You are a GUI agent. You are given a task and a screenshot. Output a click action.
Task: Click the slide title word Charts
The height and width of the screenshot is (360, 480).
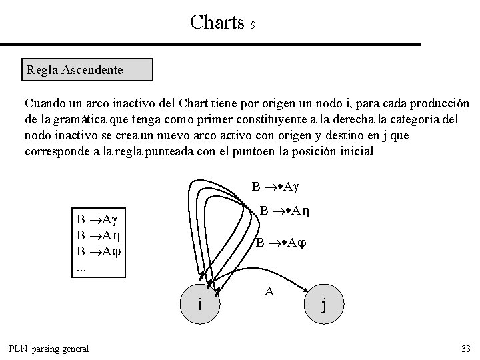click(217, 22)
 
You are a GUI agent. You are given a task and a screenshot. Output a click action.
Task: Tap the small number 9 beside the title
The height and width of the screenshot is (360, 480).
click(253, 26)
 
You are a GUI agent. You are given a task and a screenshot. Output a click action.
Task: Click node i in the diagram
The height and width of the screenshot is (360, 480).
click(200, 303)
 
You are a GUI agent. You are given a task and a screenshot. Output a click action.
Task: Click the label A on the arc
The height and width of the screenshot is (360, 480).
click(269, 291)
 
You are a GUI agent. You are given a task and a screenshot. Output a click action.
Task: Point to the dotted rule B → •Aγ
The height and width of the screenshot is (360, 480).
click(278, 185)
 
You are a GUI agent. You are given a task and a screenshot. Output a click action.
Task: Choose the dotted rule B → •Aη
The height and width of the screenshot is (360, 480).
click(287, 212)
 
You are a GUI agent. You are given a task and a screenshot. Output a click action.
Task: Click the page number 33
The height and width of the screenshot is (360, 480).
click(465, 349)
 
